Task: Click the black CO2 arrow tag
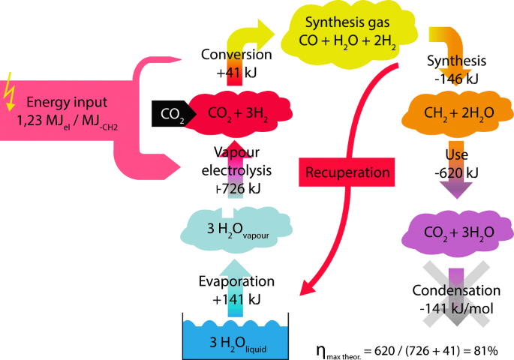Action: (x=167, y=113)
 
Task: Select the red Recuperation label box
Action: (x=347, y=172)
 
